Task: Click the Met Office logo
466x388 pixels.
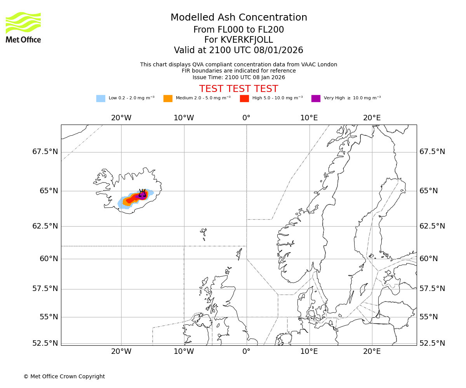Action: [x=23, y=27]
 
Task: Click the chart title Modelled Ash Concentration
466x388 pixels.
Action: [x=238, y=17]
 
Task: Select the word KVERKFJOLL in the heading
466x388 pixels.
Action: [x=247, y=40]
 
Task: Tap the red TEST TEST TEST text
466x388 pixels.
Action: [x=238, y=89]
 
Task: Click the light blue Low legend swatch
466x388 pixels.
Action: [x=101, y=99]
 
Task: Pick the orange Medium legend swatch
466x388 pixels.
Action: [x=168, y=99]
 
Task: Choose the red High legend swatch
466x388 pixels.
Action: [x=244, y=99]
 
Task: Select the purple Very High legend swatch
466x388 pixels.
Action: [x=316, y=99]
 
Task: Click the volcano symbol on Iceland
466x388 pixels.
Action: [x=143, y=193]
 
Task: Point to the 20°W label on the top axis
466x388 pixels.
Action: [x=121, y=118]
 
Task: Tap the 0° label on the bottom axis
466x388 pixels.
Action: [x=246, y=352]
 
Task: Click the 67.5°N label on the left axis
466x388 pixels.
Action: [x=45, y=152]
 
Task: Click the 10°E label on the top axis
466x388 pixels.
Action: [x=309, y=118]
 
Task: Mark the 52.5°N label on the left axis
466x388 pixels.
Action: [x=45, y=343]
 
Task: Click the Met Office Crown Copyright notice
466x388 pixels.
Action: [x=64, y=376]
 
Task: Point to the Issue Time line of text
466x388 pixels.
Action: [x=238, y=77]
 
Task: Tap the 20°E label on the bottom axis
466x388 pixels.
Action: [x=372, y=352]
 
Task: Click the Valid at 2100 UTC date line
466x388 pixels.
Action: [x=238, y=50]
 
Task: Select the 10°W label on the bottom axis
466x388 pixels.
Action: [x=184, y=352]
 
